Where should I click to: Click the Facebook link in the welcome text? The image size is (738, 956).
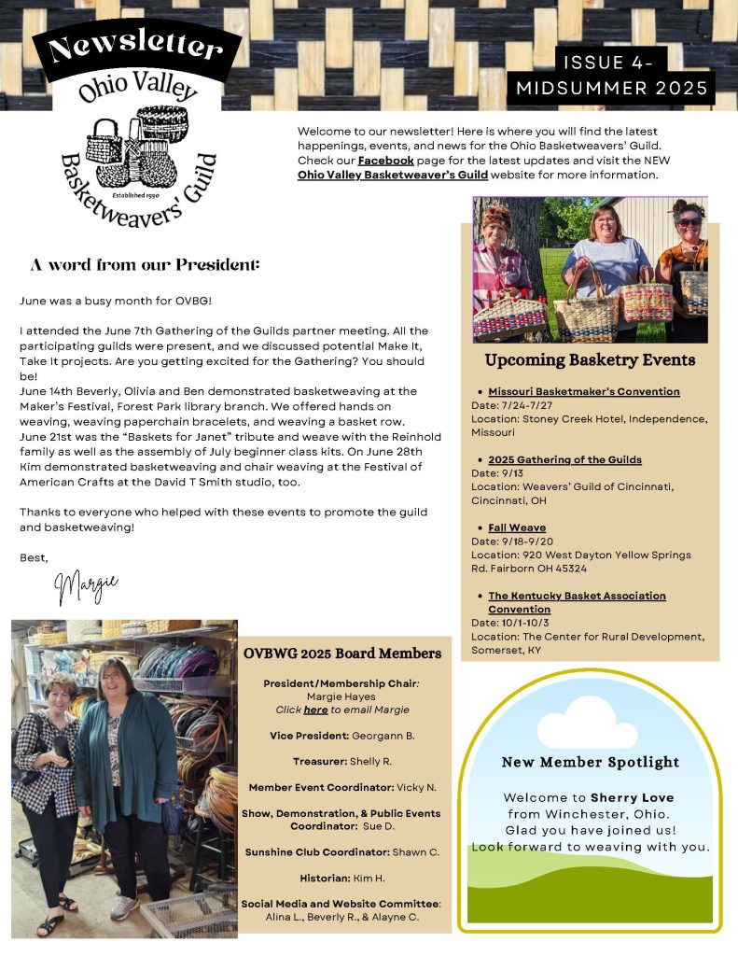click(x=385, y=161)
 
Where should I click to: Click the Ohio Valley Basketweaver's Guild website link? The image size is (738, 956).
click(x=393, y=175)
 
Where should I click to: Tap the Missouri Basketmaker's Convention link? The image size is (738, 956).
click(x=584, y=391)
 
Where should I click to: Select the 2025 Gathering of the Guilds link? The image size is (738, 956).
click(x=564, y=459)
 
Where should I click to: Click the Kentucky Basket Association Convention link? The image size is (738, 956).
click(x=577, y=602)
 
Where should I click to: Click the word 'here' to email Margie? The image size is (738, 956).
click(x=315, y=710)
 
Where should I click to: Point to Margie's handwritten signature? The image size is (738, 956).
click(x=86, y=586)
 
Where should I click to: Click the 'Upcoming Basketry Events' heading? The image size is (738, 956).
click(x=590, y=359)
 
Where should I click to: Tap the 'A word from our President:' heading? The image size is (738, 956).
click(x=145, y=265)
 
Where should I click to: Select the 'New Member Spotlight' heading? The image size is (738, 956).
click(x=590, y=762)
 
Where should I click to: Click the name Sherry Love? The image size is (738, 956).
click(x=632, y=798)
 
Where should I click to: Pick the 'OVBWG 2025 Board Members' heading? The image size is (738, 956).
click(x=342, y=653)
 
